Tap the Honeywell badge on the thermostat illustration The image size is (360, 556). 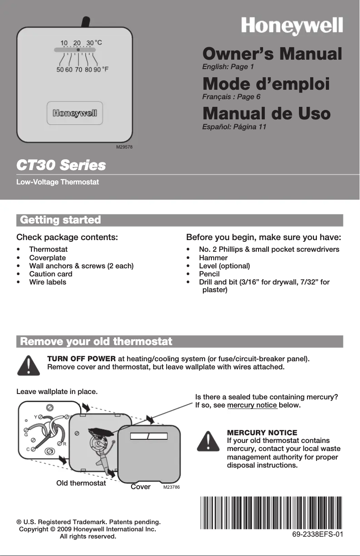(75, 113)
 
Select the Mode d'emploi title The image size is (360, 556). (266, 84)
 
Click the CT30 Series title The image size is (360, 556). (61, 165)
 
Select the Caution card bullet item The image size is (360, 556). (50, 274)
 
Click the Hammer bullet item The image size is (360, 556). (213, 258)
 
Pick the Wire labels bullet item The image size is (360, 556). (48, 282)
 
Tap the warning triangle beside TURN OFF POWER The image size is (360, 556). (27, 365)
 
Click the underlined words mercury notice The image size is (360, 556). (253, 406)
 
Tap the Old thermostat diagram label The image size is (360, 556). (81, 483)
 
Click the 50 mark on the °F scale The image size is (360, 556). (60, 70)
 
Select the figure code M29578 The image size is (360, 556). (125, 147)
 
